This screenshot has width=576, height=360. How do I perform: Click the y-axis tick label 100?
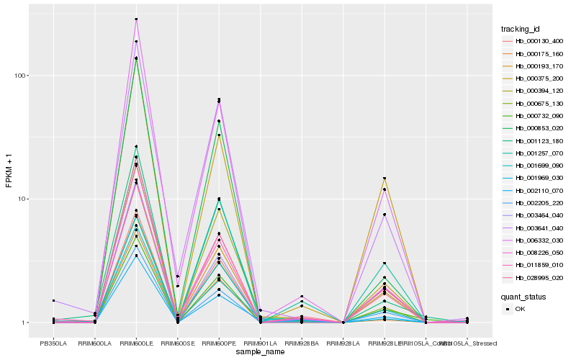pyautogui.click(x=19, y=76)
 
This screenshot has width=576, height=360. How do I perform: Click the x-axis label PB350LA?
pyautogui.click(x=53, y=343)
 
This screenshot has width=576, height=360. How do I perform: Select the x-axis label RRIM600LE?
pyautogui.click(x=136, y=343)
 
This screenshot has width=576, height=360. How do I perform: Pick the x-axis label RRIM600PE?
pyautogui.click(x=219, y=343)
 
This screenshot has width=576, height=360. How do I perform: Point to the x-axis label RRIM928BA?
pyautogui.click(x=302, y=343)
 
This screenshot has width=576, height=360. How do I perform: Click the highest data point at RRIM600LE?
pyautogui.click(x=136, y=19)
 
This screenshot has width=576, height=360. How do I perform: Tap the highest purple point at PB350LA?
pyautogui.click(x=53, y=300)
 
